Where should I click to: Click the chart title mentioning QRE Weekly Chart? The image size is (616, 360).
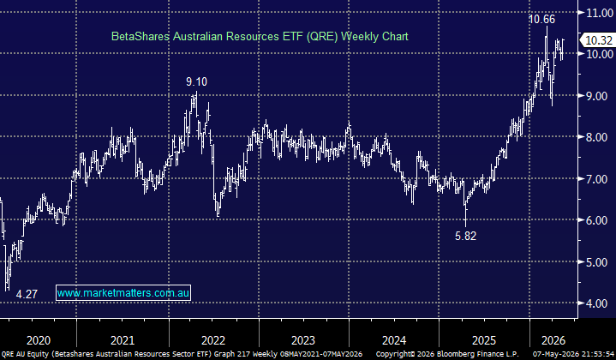click(260, 37)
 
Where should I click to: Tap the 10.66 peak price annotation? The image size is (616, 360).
click(541, 19)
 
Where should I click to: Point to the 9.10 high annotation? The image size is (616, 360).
click(196, 81)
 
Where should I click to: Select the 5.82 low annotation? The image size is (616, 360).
click(465, 236)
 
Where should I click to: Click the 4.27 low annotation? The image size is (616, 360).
click(27, 294)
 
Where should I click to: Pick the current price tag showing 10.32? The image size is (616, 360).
click(598, 40)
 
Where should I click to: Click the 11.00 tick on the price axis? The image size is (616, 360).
click(600, 13)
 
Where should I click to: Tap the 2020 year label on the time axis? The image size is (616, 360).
click(39, 340)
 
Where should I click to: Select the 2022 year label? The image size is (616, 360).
click(213, 340)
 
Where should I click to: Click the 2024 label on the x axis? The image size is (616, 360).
click(394, 340)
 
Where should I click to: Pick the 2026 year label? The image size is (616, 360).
click(553, 340)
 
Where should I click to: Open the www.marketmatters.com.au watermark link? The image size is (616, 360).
click(123, 293)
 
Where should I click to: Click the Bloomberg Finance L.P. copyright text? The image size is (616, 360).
click(478, 354)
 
